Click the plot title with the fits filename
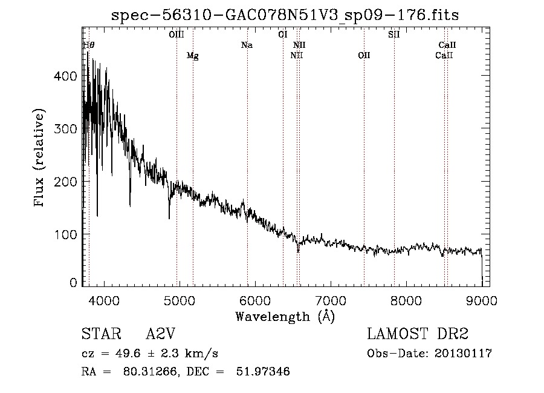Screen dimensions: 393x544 click(285, 16)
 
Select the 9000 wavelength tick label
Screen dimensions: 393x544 click(482, 300)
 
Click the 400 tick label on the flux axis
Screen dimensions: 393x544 click(65, 76)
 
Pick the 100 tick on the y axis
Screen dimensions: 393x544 click(65, 234)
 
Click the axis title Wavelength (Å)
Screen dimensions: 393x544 click(285, 316)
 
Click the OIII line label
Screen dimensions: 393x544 click(176, 35)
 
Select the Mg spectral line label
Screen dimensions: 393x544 click(192, 56)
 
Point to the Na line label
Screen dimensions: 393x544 click(247, 45)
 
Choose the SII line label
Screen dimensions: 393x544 click(394, 35)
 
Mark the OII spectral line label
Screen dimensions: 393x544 click(364, 56)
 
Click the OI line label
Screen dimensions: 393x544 click(282, 35)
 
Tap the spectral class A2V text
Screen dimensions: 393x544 click(161, 334)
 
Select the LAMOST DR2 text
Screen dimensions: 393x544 click(418, 334)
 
